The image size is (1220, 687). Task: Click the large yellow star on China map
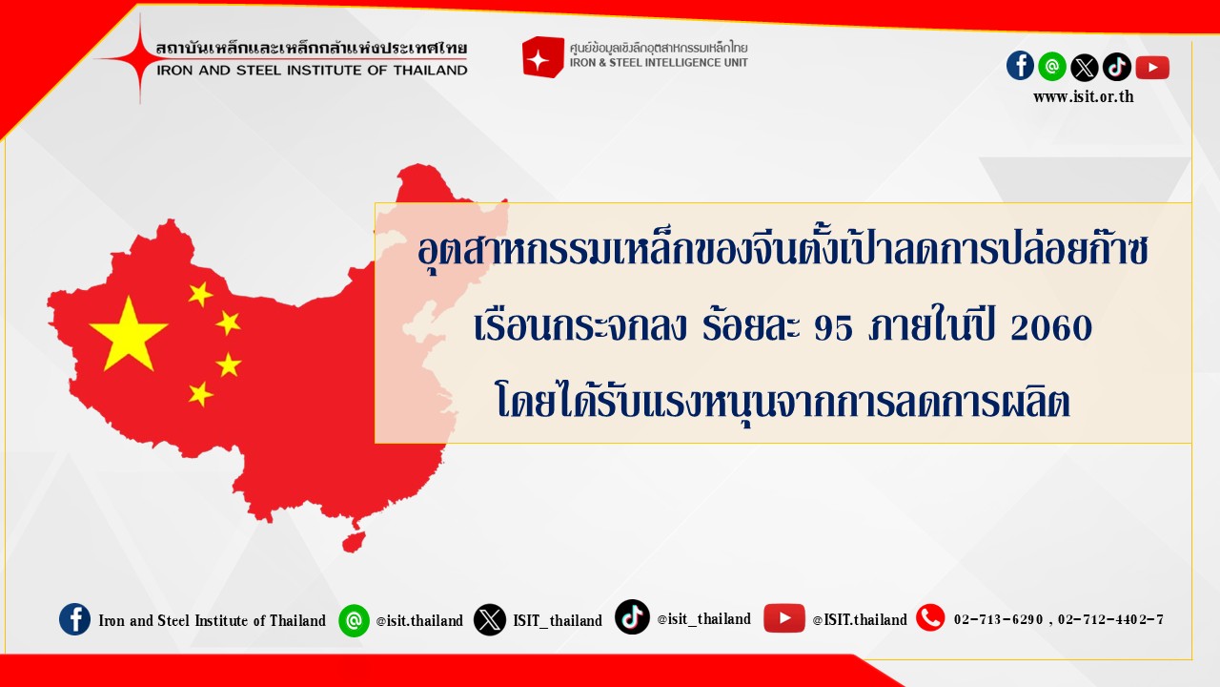click(x=129, y=334)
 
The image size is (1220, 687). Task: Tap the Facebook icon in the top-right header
click(x=1020, y=66)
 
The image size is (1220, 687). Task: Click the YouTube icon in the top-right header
click(x=1152, y=67)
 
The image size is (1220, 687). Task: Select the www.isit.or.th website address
click(x=1084, y=97)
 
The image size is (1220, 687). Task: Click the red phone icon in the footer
click(x=930, y=618)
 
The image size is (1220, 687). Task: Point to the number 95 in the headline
click(x=833, y=328)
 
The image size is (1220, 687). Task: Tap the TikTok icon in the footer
click(x=632, y=617)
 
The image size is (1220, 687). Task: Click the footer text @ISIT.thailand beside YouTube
click(x=860, y=620)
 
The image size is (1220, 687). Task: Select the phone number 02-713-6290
click(x=998, y=620)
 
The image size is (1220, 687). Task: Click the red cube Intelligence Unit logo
click(x=542, y=56)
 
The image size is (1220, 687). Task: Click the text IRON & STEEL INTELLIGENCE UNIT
click(x=659, y=63)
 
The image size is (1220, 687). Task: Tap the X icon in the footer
click(x=489, y=620)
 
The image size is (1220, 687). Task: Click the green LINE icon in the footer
click(x=354, y=620)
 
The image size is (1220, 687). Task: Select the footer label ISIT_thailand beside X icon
click(x=558, y=620)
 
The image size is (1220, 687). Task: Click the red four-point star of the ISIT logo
click(x=139, y=59)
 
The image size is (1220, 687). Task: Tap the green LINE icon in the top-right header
click(x=1051, y=67)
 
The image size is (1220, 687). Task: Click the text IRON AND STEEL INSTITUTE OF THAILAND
click(x=312, y=71)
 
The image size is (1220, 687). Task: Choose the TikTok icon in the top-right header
click(x=1116, y=67)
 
